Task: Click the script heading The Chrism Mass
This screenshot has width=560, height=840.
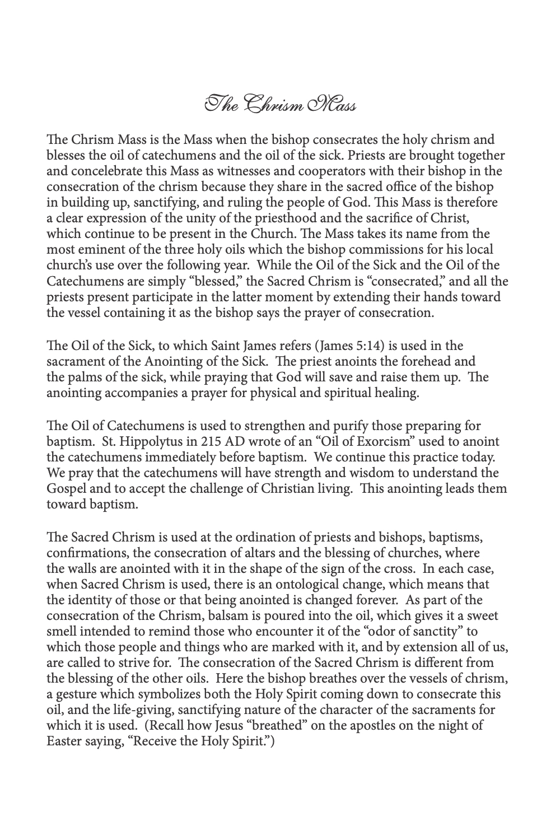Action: click(x=279, y=105)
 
